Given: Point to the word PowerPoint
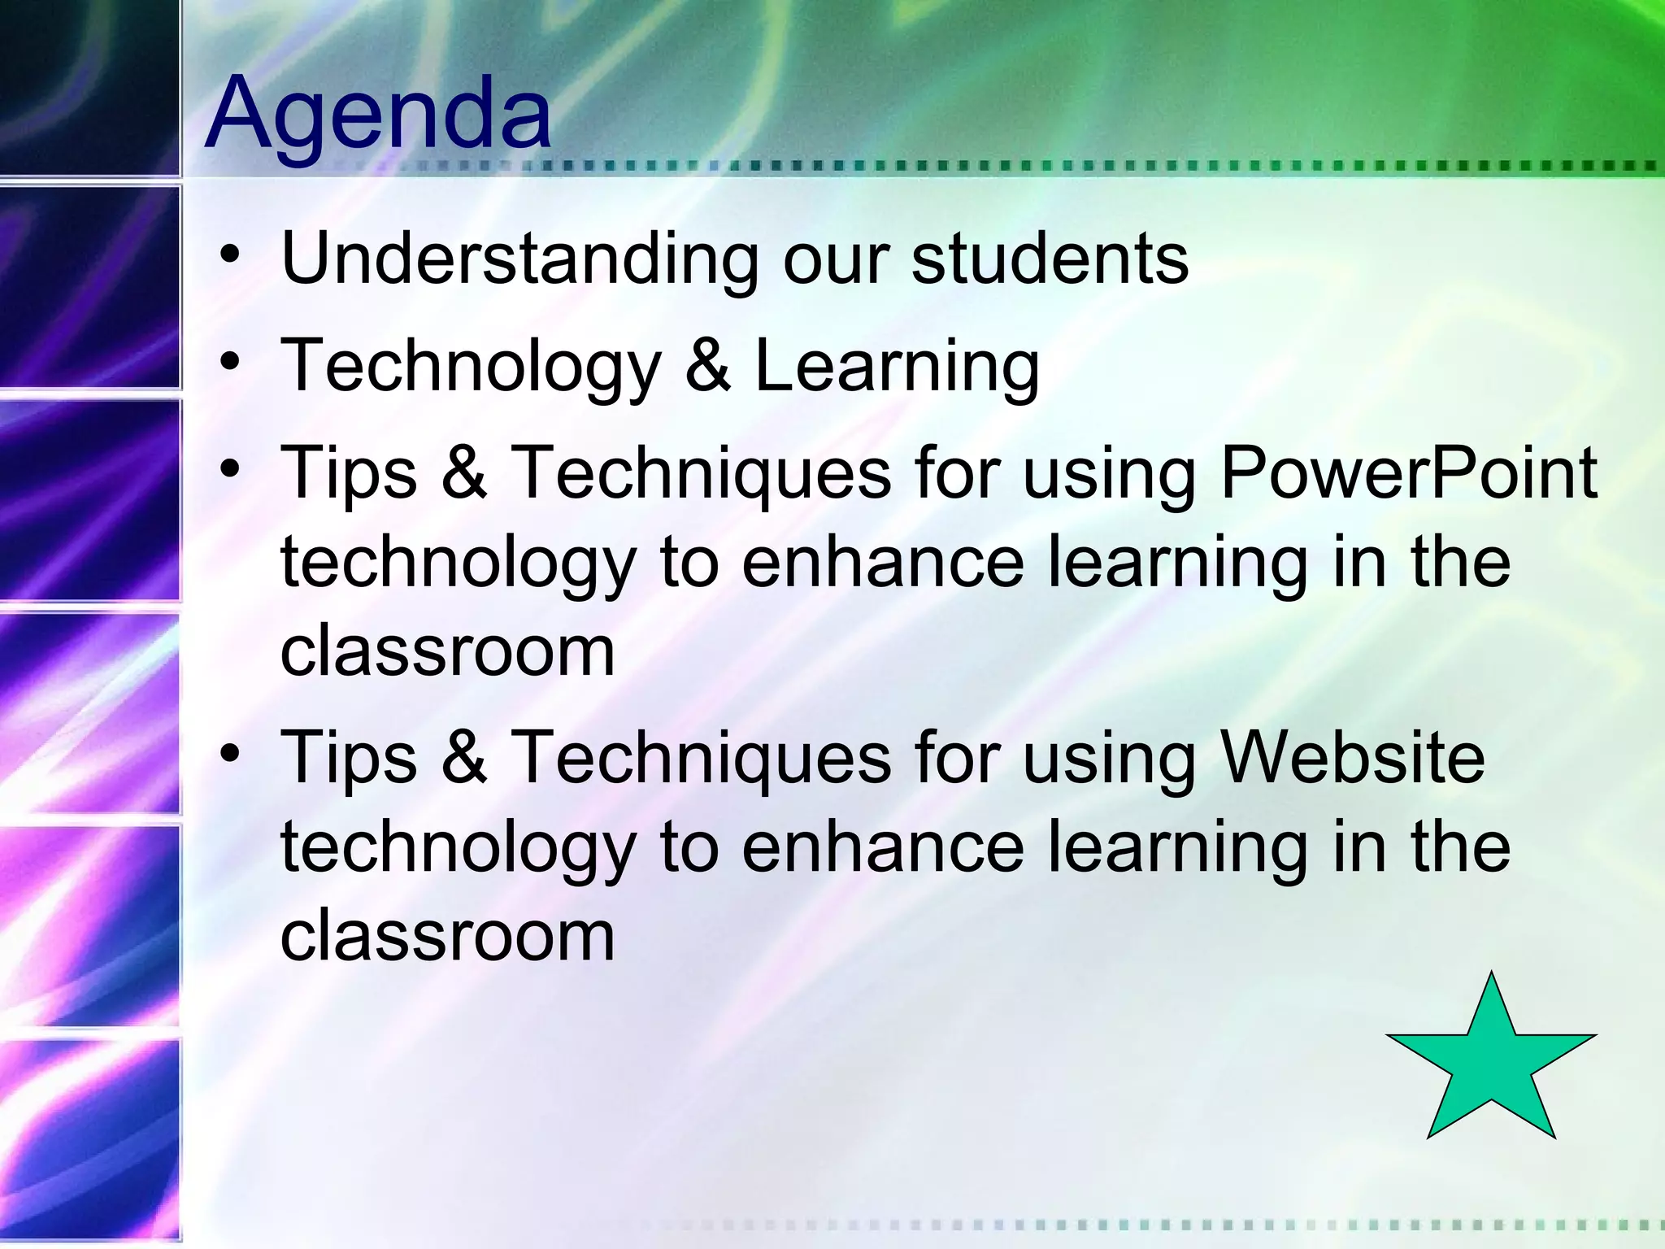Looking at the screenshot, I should click(1409, 473).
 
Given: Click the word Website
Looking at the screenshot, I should click(1353, 758).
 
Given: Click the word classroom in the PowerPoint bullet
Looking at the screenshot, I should click(447, 652).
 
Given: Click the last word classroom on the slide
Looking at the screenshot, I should click(447, 937).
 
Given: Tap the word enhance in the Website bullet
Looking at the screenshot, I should click(883, 847).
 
